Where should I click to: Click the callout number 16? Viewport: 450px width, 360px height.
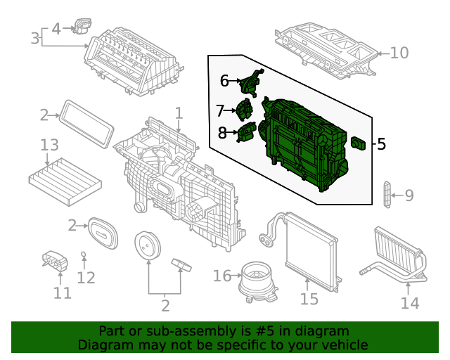[x=221, y=276]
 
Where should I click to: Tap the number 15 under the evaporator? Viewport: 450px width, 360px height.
[x=309, y=300]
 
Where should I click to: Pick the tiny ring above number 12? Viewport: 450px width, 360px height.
[x=84, y=253]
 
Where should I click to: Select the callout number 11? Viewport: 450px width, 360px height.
[x=63, y=292]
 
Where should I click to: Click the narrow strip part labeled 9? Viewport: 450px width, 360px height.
[x=386, y=195]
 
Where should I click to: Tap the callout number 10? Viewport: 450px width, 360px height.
[x=399, y=53]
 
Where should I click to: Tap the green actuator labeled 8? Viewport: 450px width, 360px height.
[x=247, y=131]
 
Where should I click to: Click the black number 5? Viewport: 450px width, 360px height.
[x=381, y=144]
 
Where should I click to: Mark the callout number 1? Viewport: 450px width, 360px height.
[x=179, y=112]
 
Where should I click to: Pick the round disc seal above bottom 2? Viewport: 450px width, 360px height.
[x=148, y=247]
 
